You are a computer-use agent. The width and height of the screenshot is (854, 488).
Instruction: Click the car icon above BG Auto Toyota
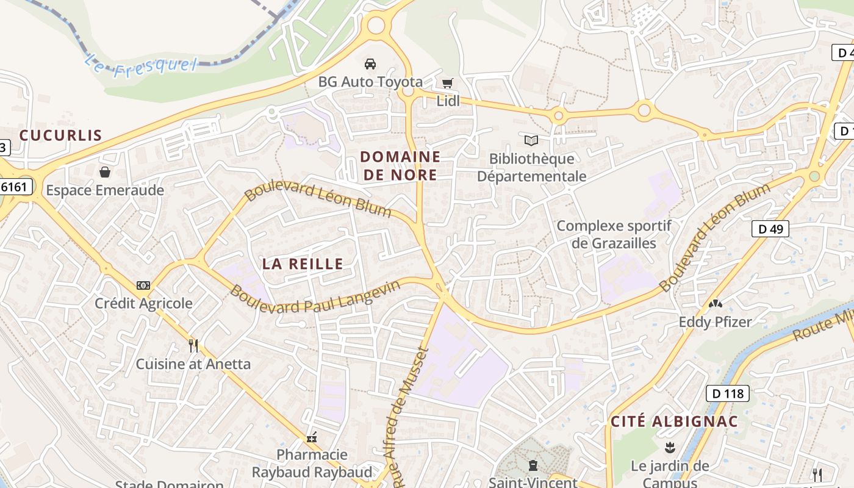point(370,63)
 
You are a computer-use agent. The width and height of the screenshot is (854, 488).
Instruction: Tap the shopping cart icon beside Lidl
point(448,83)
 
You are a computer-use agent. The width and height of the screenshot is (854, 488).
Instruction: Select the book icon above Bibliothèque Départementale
point(531,141)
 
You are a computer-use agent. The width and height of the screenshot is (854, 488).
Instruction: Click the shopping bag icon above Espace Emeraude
point(105,172)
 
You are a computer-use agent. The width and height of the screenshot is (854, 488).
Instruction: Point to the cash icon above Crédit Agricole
point(143,285)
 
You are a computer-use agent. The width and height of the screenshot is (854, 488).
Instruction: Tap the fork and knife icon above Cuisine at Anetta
point(193,346)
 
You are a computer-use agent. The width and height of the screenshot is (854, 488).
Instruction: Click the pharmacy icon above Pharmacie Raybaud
point(312,437)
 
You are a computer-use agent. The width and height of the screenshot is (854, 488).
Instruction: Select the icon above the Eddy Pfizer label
point(715,303)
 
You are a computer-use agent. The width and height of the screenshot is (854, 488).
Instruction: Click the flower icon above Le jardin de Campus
point(670,448)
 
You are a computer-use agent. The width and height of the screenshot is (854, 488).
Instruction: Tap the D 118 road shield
point(728,393)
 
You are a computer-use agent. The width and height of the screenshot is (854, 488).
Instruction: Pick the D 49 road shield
point(770,229)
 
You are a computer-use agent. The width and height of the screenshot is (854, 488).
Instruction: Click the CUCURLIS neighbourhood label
point(60,135)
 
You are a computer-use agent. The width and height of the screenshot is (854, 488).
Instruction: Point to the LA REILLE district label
point(303,264)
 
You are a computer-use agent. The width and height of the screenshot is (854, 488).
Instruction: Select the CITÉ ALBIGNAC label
point(674,422)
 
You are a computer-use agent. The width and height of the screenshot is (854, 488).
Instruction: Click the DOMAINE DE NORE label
point(400,166)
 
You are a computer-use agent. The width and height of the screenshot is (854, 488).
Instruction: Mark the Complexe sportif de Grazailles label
point(614,234)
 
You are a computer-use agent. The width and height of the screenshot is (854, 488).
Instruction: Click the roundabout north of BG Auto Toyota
point(376,25)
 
